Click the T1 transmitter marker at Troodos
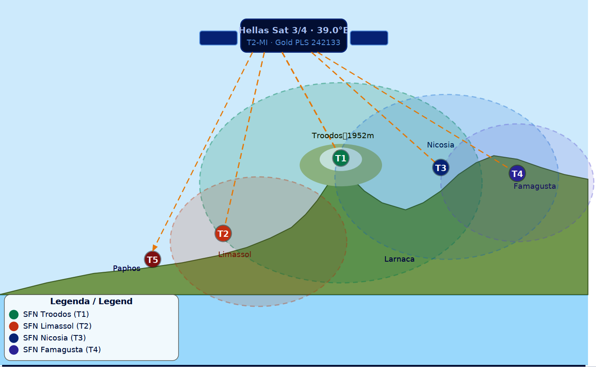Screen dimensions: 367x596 341,158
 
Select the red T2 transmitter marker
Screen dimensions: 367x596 223,233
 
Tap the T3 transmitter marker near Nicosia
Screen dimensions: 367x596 441,168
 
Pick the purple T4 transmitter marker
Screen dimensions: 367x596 517,174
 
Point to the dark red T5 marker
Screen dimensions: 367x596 152,260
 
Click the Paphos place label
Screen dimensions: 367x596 126,268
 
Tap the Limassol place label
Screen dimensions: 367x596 235,254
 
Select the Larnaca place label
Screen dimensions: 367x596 399,259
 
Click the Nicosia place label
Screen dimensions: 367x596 441,145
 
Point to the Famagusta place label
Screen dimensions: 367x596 535,186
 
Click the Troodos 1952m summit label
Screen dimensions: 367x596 343,136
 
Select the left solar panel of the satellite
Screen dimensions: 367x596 218,38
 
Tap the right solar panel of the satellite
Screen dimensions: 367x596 369,38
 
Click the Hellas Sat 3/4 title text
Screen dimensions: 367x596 294,30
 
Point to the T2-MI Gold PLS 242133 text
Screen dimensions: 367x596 294,43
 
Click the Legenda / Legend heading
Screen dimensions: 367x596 91,301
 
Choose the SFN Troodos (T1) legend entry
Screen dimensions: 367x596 56,314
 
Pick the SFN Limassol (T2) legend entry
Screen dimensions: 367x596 57,326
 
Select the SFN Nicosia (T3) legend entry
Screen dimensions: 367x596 54,338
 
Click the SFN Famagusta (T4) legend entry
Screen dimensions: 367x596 62,350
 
